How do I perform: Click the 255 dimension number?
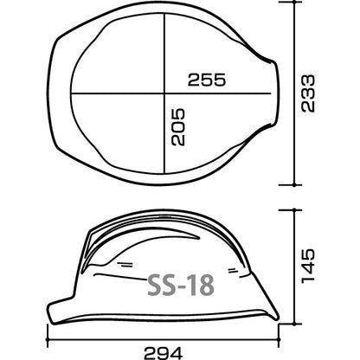(x=207, y=80)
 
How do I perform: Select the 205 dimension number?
(x=177, y=127)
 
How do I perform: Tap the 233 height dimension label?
(x=308, y=93)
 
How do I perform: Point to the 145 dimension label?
(x=308, y=266)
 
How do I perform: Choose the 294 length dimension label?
(x=164, y=353)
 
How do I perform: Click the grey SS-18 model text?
(x=181, y=285)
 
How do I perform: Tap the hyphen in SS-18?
(x=181, y=287)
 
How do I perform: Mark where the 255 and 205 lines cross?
(x=164, y=93)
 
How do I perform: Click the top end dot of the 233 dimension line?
(x=294, y=2)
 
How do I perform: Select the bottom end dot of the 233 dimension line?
(x=294, y=185)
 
